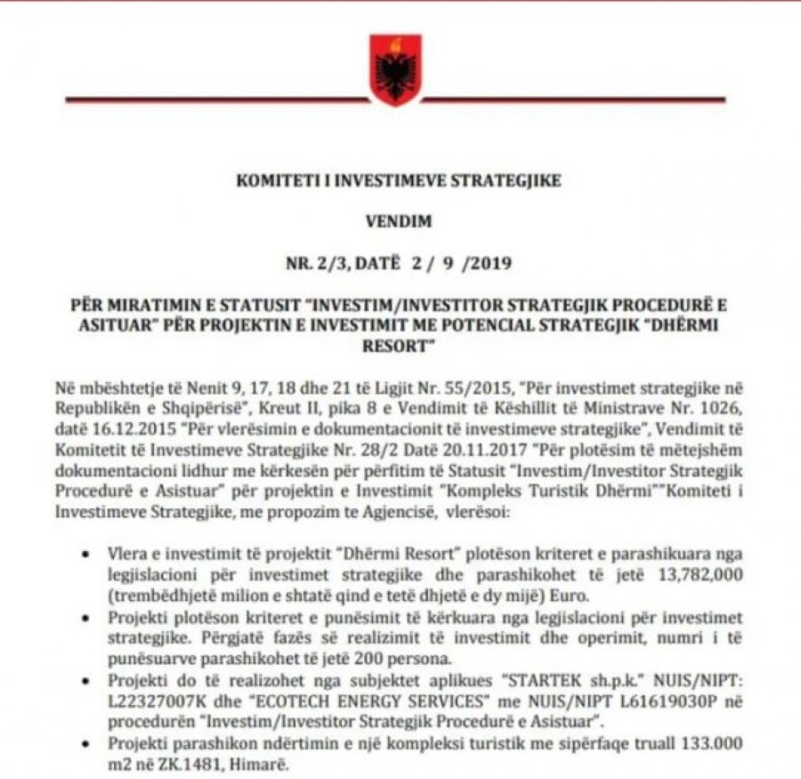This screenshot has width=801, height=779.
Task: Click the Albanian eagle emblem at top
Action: pos(395,69)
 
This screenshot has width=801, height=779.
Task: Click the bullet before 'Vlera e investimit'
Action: pos(85,555)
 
